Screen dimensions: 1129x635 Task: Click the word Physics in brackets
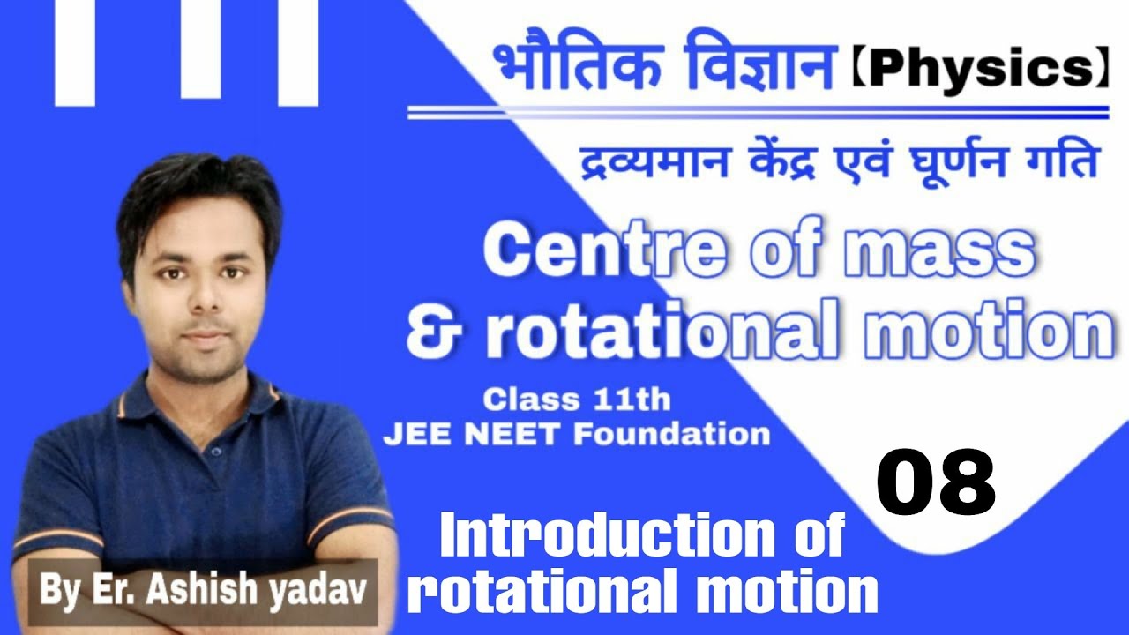click(979, 71)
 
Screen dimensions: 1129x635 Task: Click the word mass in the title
click(938, 252)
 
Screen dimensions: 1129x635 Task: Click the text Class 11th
click(577, 400)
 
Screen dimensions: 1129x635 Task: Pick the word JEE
click(416, 434)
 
